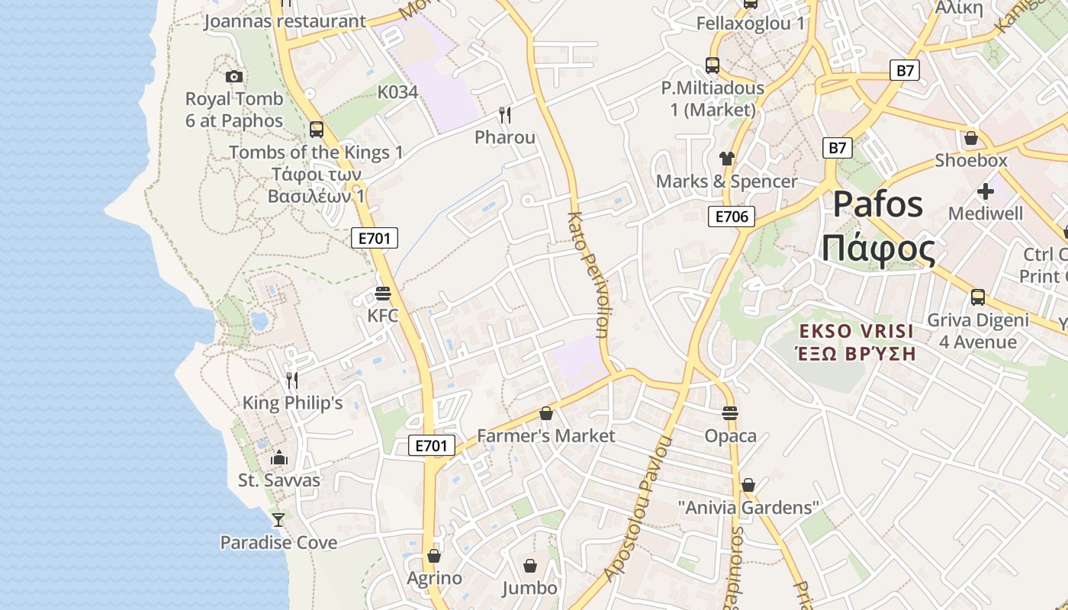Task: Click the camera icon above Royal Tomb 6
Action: [234, 76]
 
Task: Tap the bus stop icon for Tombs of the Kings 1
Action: [317, 130]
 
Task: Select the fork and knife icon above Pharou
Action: [504, 115]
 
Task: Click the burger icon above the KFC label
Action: [383, 294]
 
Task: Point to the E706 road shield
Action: [731, 217]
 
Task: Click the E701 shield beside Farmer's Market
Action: [432, 446]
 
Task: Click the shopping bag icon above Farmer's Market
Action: [546, 413]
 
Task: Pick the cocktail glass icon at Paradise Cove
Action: [278, 520]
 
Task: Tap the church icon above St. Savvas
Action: [279, 457]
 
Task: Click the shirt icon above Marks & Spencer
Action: [726, 159]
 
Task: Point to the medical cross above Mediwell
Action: [986, 191]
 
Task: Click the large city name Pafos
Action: [878, 204]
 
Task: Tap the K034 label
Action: [397, 92]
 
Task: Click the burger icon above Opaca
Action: [730, 413]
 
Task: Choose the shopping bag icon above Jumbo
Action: [530, 566]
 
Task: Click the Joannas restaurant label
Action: [285, 21]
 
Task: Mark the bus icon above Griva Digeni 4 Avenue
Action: [978, 297]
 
